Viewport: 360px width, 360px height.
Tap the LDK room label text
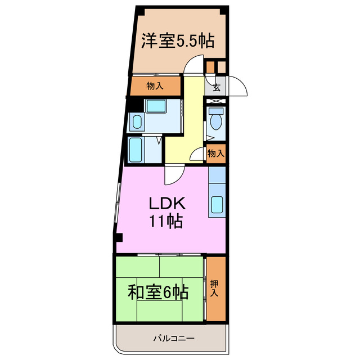pos(166,202)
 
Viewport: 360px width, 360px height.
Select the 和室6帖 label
pos(157,292)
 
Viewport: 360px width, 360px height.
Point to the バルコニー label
pos(174,339)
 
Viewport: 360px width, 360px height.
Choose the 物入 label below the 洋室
pos(155,86)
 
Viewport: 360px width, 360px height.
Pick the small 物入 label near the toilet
pos(216,153)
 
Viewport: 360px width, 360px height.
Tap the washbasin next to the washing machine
pos(137,120)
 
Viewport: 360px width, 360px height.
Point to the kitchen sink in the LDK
pos(217,206)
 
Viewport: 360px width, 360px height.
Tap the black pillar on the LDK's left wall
pos(119,237)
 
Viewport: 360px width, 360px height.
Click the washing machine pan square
pos(154,106)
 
